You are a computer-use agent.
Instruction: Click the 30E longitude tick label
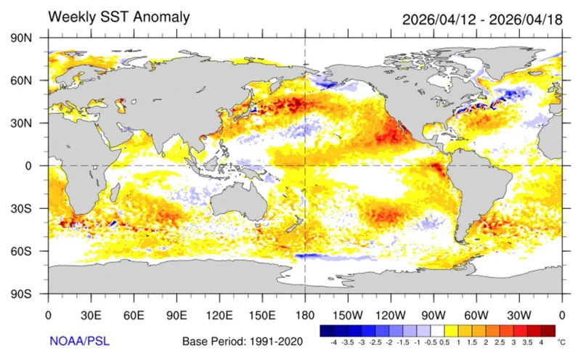point(92,316)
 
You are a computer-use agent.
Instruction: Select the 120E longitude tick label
point(220,316)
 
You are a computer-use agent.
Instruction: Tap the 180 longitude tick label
point(305,316)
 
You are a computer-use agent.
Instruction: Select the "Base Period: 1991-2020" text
point(243,340)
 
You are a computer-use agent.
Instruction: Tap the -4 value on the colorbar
point(333,340)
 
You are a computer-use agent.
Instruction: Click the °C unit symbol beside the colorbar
point(561,340)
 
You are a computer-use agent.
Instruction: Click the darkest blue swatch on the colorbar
point(326,330)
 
